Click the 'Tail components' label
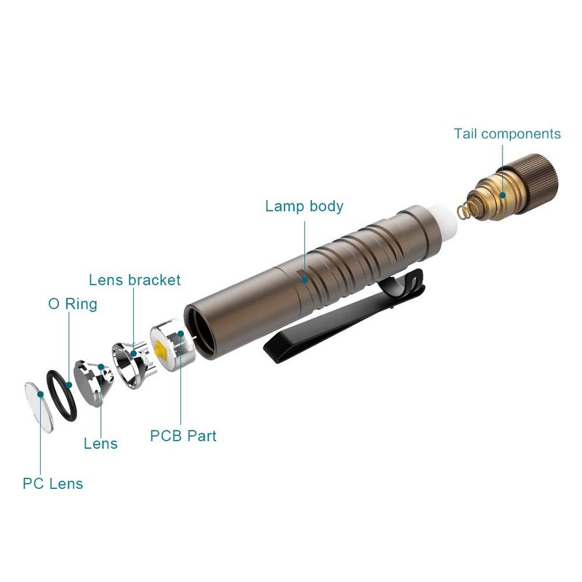[x=507, y=134]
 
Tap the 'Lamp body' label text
[x=304, y=206]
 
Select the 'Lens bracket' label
[x=135, y=279]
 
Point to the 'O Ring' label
[x=72, y=304]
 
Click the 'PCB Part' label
[x=183, y=436]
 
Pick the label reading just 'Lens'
[x=100, y=444]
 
